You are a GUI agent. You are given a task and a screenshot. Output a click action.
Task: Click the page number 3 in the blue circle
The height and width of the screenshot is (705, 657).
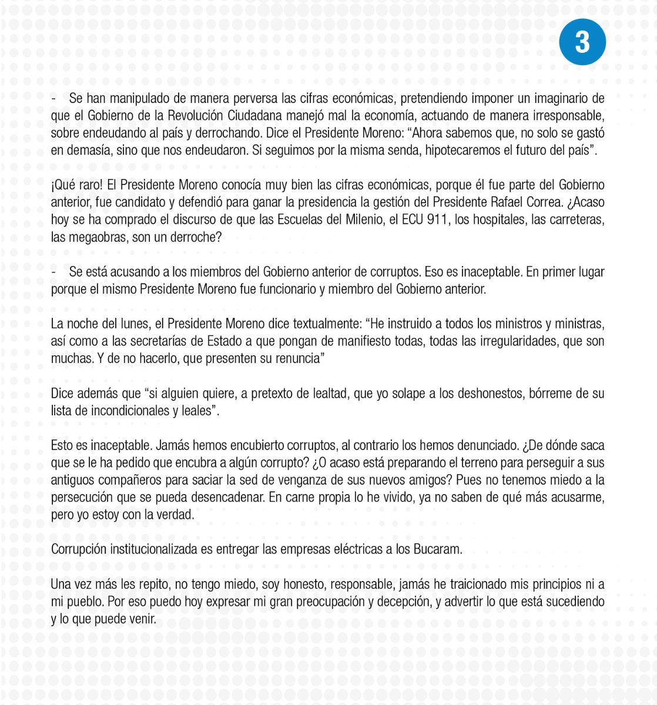pyautogui.click(x=582, y=42)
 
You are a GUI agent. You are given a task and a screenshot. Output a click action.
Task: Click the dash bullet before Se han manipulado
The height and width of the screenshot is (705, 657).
pyautogui.click(x=53, y=98)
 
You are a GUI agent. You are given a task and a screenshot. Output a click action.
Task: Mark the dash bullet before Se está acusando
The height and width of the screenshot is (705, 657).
pyautogui.click(x=53, y=272)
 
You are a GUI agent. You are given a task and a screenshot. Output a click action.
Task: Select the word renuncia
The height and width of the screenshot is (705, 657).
pyautogui.click(x=296, y=359)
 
